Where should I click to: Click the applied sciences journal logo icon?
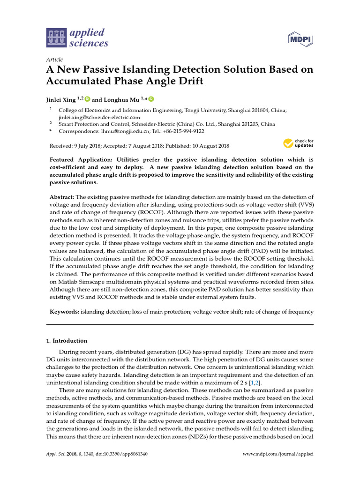57,38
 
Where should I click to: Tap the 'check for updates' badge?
298,143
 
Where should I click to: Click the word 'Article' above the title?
54,60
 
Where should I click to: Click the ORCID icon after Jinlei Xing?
87,99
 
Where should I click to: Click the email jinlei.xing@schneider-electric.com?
99,117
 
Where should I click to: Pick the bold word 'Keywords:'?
64,311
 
